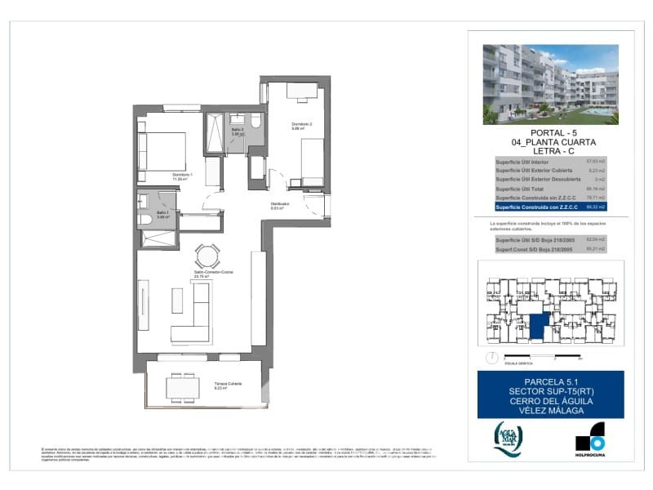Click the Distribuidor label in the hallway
(x=280, y=206)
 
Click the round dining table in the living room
(x=207, y=256)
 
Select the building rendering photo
(x=550, y=84)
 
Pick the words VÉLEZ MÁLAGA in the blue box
(x=550, y=411)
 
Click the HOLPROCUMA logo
(x=589, y=439)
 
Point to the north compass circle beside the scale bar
(x=490, y=357)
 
